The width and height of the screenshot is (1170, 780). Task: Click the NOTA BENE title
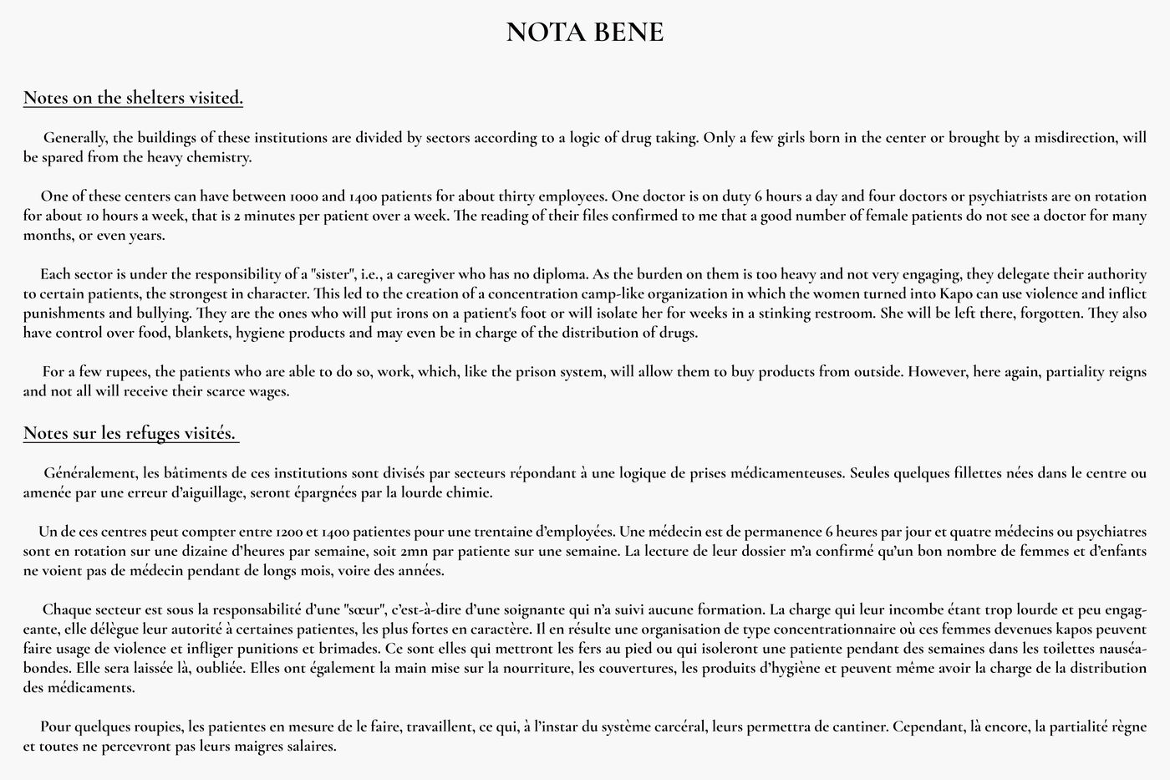click(x=585, y=33)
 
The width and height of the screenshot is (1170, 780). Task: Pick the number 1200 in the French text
click(x=289, y=532)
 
